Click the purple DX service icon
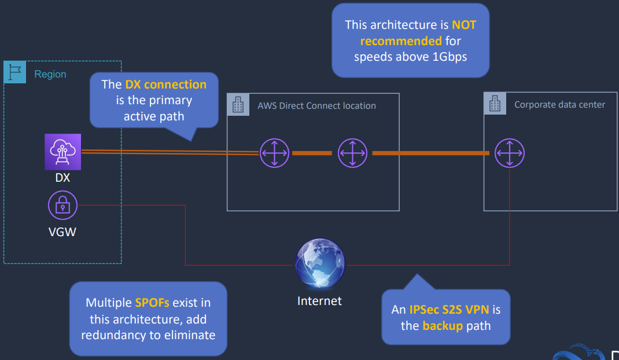[x=62, y=152]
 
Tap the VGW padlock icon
[x=62, y=205]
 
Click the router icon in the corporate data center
[x=509, y=153]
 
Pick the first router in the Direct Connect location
[x=274, y=153]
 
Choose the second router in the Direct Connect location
[x=352, y=153]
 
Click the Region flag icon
[x=15, y=72]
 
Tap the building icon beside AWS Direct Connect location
[x=238, y=105]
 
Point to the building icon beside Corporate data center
[x=495, y=104]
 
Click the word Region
[x=50, y=74]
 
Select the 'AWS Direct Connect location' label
[x=316, y=106]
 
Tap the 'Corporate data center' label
[x=559, y=105]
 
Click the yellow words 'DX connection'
[x=165, y=85]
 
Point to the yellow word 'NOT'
[x=464, y=25]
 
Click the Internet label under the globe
[x=319, y=301]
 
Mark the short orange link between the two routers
[x=312, y=153]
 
